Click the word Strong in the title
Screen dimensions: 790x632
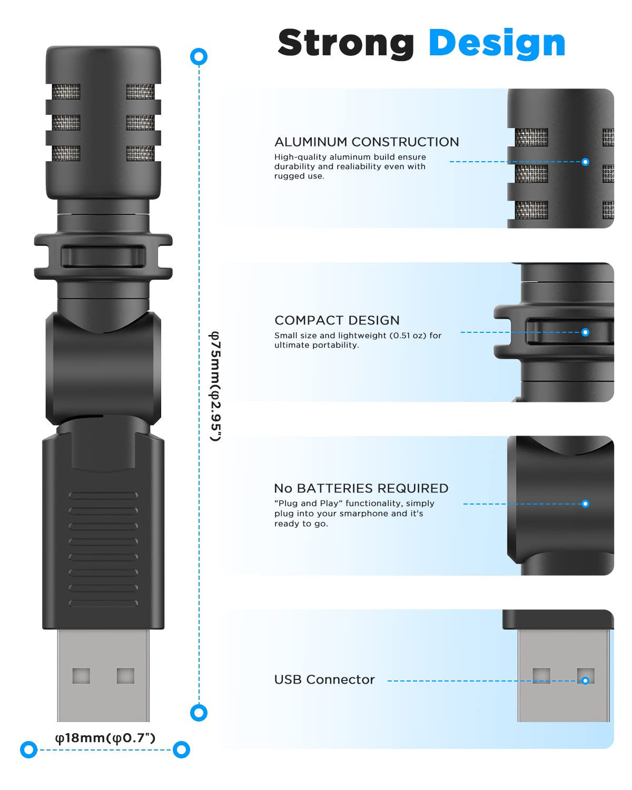[345, 43]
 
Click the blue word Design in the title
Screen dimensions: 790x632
[497, 43]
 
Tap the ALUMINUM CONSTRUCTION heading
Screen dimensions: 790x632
[367, 142]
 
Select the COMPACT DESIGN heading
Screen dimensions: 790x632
[337, 321]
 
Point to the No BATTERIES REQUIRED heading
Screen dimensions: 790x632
[361, 489]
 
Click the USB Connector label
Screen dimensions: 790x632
[324, 680]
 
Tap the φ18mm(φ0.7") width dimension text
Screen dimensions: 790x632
[105, 738]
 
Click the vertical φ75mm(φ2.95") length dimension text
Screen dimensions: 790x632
[215, 386]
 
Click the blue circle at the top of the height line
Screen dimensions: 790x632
[199, 57]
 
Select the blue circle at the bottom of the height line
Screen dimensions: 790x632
[199, 713]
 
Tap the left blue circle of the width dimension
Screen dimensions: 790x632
[29, 749]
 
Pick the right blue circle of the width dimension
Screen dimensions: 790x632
[181, 749]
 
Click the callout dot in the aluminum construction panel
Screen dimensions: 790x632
[585, 162]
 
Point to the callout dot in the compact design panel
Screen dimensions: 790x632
[585, 332]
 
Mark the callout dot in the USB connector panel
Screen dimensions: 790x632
[585, 680]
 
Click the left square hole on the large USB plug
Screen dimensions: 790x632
[81, 676]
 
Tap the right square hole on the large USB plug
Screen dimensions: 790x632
[125, 676]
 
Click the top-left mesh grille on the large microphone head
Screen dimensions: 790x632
[66, 92]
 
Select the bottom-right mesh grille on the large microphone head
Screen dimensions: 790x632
[140, 153]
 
